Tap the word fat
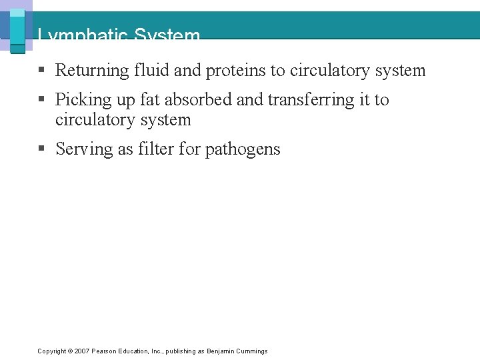pos(151,100)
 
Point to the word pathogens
pos(243,149)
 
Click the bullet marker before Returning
pos(41,71)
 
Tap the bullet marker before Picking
pos(41,100)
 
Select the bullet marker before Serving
pos(41,149)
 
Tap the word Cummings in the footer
pos(252,351)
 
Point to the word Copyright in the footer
pos(51,351)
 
